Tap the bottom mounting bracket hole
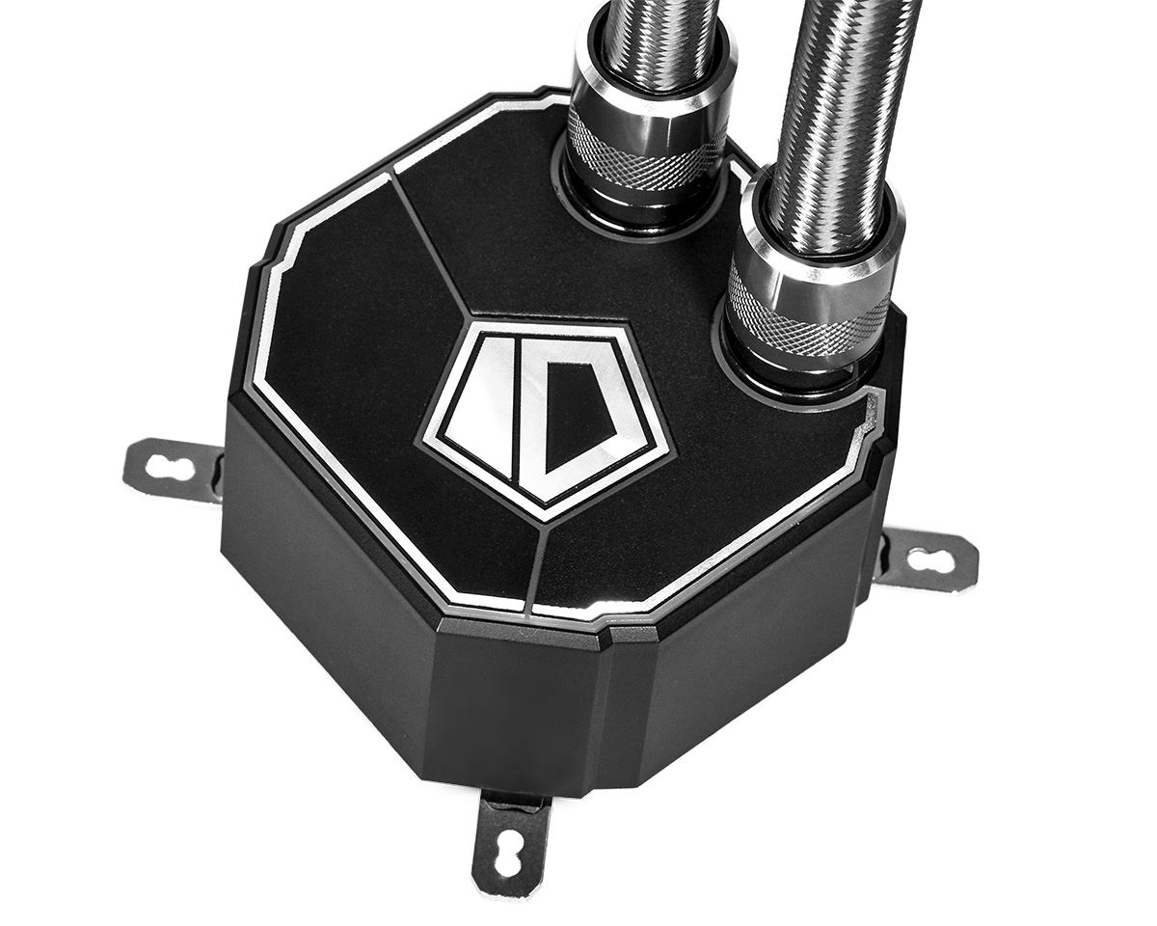[509, 851]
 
